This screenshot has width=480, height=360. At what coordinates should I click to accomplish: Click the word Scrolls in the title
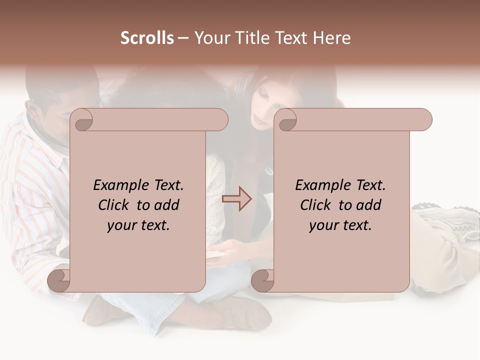coord(147,38)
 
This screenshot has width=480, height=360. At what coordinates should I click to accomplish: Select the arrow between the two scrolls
coord(237,198)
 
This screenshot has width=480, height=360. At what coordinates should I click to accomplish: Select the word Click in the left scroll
coord(115,205)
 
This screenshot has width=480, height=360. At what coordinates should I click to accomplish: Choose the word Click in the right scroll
coord(317,205)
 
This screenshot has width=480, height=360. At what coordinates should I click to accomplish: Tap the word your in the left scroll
coord(120,225)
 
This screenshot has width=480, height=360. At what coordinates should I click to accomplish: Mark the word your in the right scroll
coord(322,225)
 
